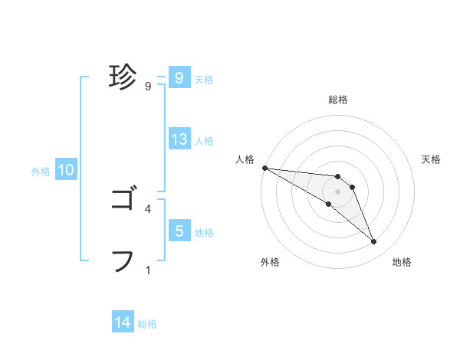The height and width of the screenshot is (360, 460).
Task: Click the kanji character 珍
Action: tap(123, 77)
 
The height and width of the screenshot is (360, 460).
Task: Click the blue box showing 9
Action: tap(179, 78)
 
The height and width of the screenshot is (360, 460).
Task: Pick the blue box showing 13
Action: tap(179, 139)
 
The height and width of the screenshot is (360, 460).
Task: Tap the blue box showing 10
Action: tap(65, 171)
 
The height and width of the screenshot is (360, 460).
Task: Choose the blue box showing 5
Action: tap(179, 231)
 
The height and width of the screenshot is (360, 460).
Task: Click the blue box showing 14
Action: tap(123, 323)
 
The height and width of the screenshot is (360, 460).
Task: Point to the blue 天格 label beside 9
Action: tap(204, 79)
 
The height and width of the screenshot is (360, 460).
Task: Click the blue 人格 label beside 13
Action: tap(204, 140)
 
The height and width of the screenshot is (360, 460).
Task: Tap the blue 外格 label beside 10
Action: tap(41, 172)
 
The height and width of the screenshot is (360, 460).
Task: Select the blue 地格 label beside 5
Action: tap(204, 232)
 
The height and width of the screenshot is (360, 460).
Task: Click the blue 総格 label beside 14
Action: tap(147, 324)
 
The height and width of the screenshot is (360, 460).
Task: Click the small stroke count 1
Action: tap(148, 270)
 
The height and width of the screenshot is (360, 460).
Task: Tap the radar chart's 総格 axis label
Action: tap(338, 100)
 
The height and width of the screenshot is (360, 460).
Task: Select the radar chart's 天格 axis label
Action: tap(431, 159)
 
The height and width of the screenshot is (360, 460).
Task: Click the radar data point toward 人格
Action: tap(264, 167)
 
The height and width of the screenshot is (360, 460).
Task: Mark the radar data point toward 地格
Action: tap(374, 242)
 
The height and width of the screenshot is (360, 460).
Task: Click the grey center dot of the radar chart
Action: tap(338, 191)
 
